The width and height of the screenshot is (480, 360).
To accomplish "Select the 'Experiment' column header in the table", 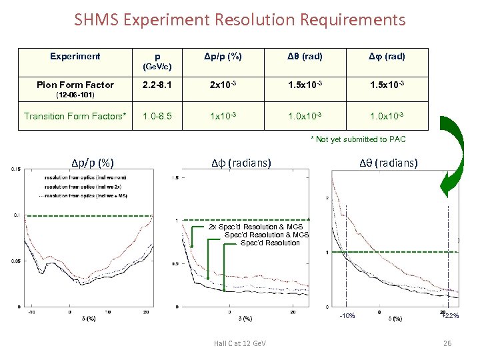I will tap(75, 57).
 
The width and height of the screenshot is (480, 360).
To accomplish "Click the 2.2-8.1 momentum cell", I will tap(157, 85).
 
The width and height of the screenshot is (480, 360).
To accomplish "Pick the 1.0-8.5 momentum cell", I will tap(157, 116).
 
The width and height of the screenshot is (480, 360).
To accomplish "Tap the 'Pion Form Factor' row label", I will tap(75, 85).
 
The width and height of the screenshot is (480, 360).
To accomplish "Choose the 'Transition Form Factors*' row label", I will tap(75, 116).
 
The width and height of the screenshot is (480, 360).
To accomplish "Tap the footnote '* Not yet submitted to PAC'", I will tap(357, 139).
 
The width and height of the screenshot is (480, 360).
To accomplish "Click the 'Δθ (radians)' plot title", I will tap(388, 162).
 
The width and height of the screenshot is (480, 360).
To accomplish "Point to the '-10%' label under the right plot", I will tap(347, 316).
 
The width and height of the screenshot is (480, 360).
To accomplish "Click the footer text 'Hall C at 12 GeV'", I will tap(240, 343).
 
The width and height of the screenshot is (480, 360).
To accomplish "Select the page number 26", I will tap(447, 343).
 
